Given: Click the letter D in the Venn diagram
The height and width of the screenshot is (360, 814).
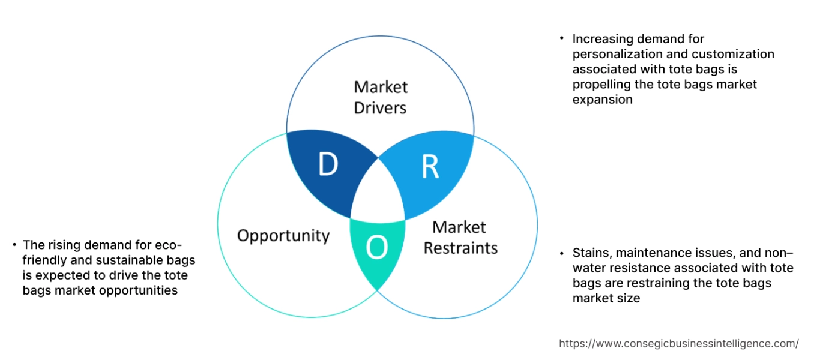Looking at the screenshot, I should [328, 165].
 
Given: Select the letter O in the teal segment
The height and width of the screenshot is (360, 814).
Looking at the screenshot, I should [376, 247].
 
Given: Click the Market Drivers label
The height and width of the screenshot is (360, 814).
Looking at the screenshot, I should [380, 97].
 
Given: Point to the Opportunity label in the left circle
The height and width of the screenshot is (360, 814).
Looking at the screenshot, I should [283, 235].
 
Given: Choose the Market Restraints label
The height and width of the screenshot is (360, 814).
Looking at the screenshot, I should [460, 237].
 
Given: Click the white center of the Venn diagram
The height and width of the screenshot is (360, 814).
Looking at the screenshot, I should [378, 192].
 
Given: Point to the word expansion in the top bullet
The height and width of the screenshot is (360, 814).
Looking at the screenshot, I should [602, 100].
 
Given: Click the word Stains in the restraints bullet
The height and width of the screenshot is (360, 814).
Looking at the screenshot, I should [591, 253].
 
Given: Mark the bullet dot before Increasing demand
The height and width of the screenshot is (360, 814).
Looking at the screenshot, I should [562, 38].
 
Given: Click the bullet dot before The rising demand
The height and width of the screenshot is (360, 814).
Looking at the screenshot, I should [14, 244].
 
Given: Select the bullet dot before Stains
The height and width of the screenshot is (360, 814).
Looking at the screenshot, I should [562, 252].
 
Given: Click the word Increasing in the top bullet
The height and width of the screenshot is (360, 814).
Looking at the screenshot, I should [602, 39].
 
